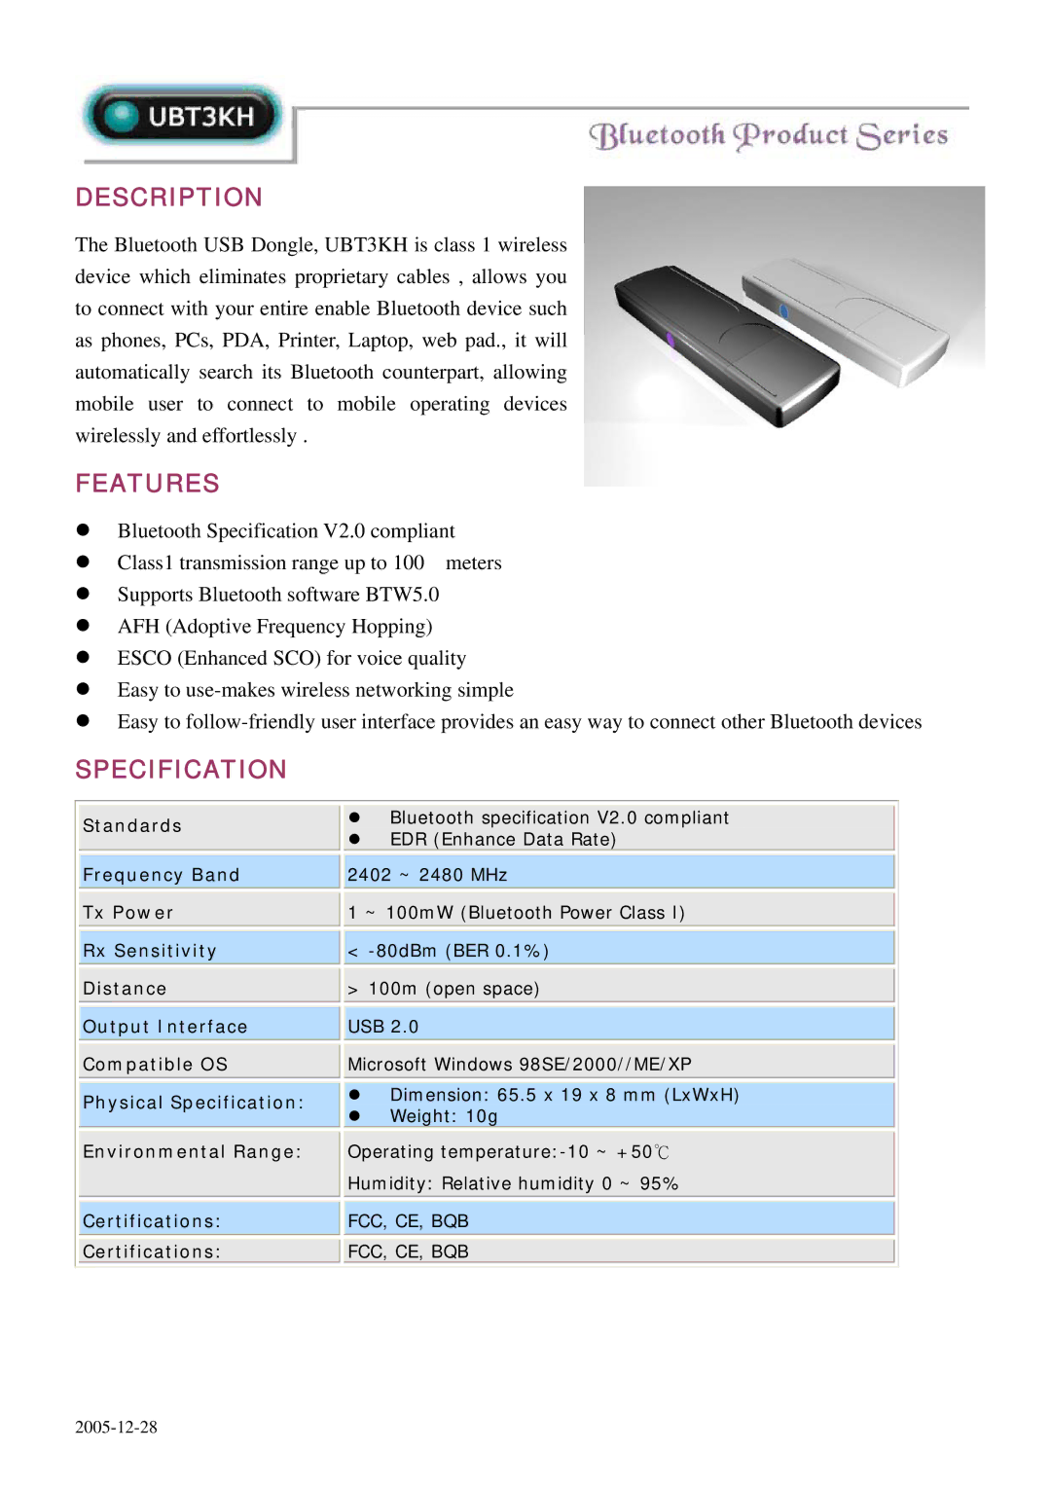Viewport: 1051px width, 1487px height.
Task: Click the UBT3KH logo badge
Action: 183,117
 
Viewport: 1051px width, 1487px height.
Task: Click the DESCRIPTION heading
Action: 169,198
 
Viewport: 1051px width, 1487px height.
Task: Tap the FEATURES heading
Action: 148,484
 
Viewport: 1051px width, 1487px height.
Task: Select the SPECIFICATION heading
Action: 181,770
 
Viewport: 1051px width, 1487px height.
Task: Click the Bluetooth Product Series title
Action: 768,135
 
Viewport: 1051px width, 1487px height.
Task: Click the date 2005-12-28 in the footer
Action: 116,1428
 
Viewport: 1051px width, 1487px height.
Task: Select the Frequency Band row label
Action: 161,875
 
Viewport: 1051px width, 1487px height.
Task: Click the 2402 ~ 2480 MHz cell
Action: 427,875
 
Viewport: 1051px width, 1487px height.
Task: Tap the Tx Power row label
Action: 127,913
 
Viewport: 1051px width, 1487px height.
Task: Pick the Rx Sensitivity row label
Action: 149,951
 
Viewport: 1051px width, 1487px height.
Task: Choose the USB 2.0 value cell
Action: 382,1027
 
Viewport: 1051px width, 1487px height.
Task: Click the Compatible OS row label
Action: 155,1065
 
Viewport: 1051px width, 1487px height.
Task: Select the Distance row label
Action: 125,989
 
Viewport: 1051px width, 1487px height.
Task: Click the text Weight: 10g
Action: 444,1116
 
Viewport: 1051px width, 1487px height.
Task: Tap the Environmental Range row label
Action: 192,1152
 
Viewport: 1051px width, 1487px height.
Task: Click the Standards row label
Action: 132,826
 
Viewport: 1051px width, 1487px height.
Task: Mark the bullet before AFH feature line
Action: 83,626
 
